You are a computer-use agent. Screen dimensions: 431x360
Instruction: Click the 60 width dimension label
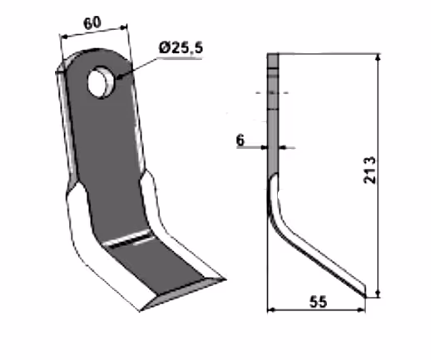point(92,23)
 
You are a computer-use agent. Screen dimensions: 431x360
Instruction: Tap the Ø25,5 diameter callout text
point(181,47)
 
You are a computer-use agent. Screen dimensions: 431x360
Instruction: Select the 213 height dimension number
point(369,170)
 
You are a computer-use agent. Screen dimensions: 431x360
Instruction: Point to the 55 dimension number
point(318,302)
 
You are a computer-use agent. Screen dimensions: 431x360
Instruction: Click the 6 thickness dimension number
point(240,140)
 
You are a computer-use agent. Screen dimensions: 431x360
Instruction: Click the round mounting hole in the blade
point(100,81)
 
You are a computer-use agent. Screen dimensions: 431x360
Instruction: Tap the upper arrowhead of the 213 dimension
point(378,57)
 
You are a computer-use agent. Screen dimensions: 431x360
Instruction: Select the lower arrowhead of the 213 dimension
point(378,293)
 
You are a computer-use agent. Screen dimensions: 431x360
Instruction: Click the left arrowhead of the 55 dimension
point(271,309)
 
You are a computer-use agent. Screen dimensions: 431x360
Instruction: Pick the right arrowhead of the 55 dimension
point(361,309)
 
